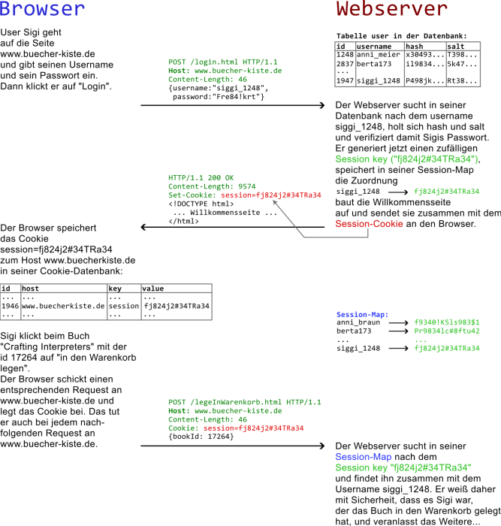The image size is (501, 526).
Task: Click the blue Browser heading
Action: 42,10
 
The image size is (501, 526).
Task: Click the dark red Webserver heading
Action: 391,10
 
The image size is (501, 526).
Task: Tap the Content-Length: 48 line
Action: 207,79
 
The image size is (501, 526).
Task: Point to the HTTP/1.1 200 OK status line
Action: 201,178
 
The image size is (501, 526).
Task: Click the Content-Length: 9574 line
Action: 212,186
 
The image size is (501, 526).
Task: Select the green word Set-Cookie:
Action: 192,195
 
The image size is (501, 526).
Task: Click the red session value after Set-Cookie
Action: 271,195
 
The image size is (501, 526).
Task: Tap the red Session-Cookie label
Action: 369,224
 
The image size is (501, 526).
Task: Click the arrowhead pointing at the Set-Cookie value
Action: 274,201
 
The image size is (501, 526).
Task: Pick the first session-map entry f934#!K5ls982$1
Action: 447,322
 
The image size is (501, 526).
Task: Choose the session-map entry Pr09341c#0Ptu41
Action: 447,331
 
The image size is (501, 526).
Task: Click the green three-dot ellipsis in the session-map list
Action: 421,340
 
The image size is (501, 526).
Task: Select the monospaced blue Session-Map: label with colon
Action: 362,315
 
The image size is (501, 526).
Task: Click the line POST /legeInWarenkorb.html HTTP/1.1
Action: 244,402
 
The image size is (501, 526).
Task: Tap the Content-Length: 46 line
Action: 207,419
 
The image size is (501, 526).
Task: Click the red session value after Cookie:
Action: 253,428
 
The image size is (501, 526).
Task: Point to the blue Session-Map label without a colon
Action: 363,457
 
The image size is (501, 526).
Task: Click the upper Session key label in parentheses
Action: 406,159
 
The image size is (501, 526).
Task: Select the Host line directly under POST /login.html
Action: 225,71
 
